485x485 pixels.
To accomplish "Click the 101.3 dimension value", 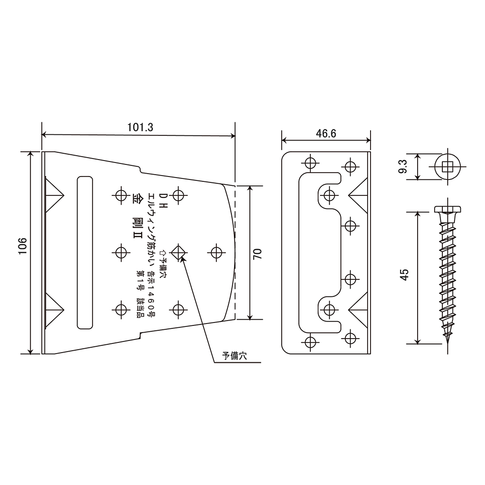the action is (x=140, y=128).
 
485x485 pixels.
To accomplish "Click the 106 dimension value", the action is (x=23, y=246).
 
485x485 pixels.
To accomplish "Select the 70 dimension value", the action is (x=258, y=254).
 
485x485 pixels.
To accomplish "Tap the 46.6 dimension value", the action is (x=326, y=134).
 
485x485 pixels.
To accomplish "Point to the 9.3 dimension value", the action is (x=403, y=166).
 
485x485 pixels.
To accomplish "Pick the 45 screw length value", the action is (x=404, y=275).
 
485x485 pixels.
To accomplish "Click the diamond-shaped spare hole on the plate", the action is (x=178, y=252).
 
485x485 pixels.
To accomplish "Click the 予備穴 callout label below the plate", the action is (x=234, y=356).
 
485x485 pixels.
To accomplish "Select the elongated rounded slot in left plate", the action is (x=85, y=252).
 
